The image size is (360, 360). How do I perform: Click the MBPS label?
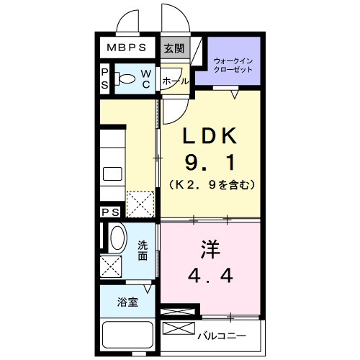tap(127, 48)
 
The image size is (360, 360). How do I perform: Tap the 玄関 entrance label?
tap(173, 48)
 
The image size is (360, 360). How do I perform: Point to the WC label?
tap(145, 78)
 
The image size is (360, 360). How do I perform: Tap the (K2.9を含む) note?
tap(210, 184)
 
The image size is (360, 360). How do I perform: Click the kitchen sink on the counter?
tap(113, 173)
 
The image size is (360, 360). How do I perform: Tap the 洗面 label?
tap(143, 248)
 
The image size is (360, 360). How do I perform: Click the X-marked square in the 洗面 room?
tap(112, 266)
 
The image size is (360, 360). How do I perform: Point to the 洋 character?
tap(209, 249)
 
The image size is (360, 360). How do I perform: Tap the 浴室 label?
tap(127, 302)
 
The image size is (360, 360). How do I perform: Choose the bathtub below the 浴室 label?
tap(127, 335)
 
